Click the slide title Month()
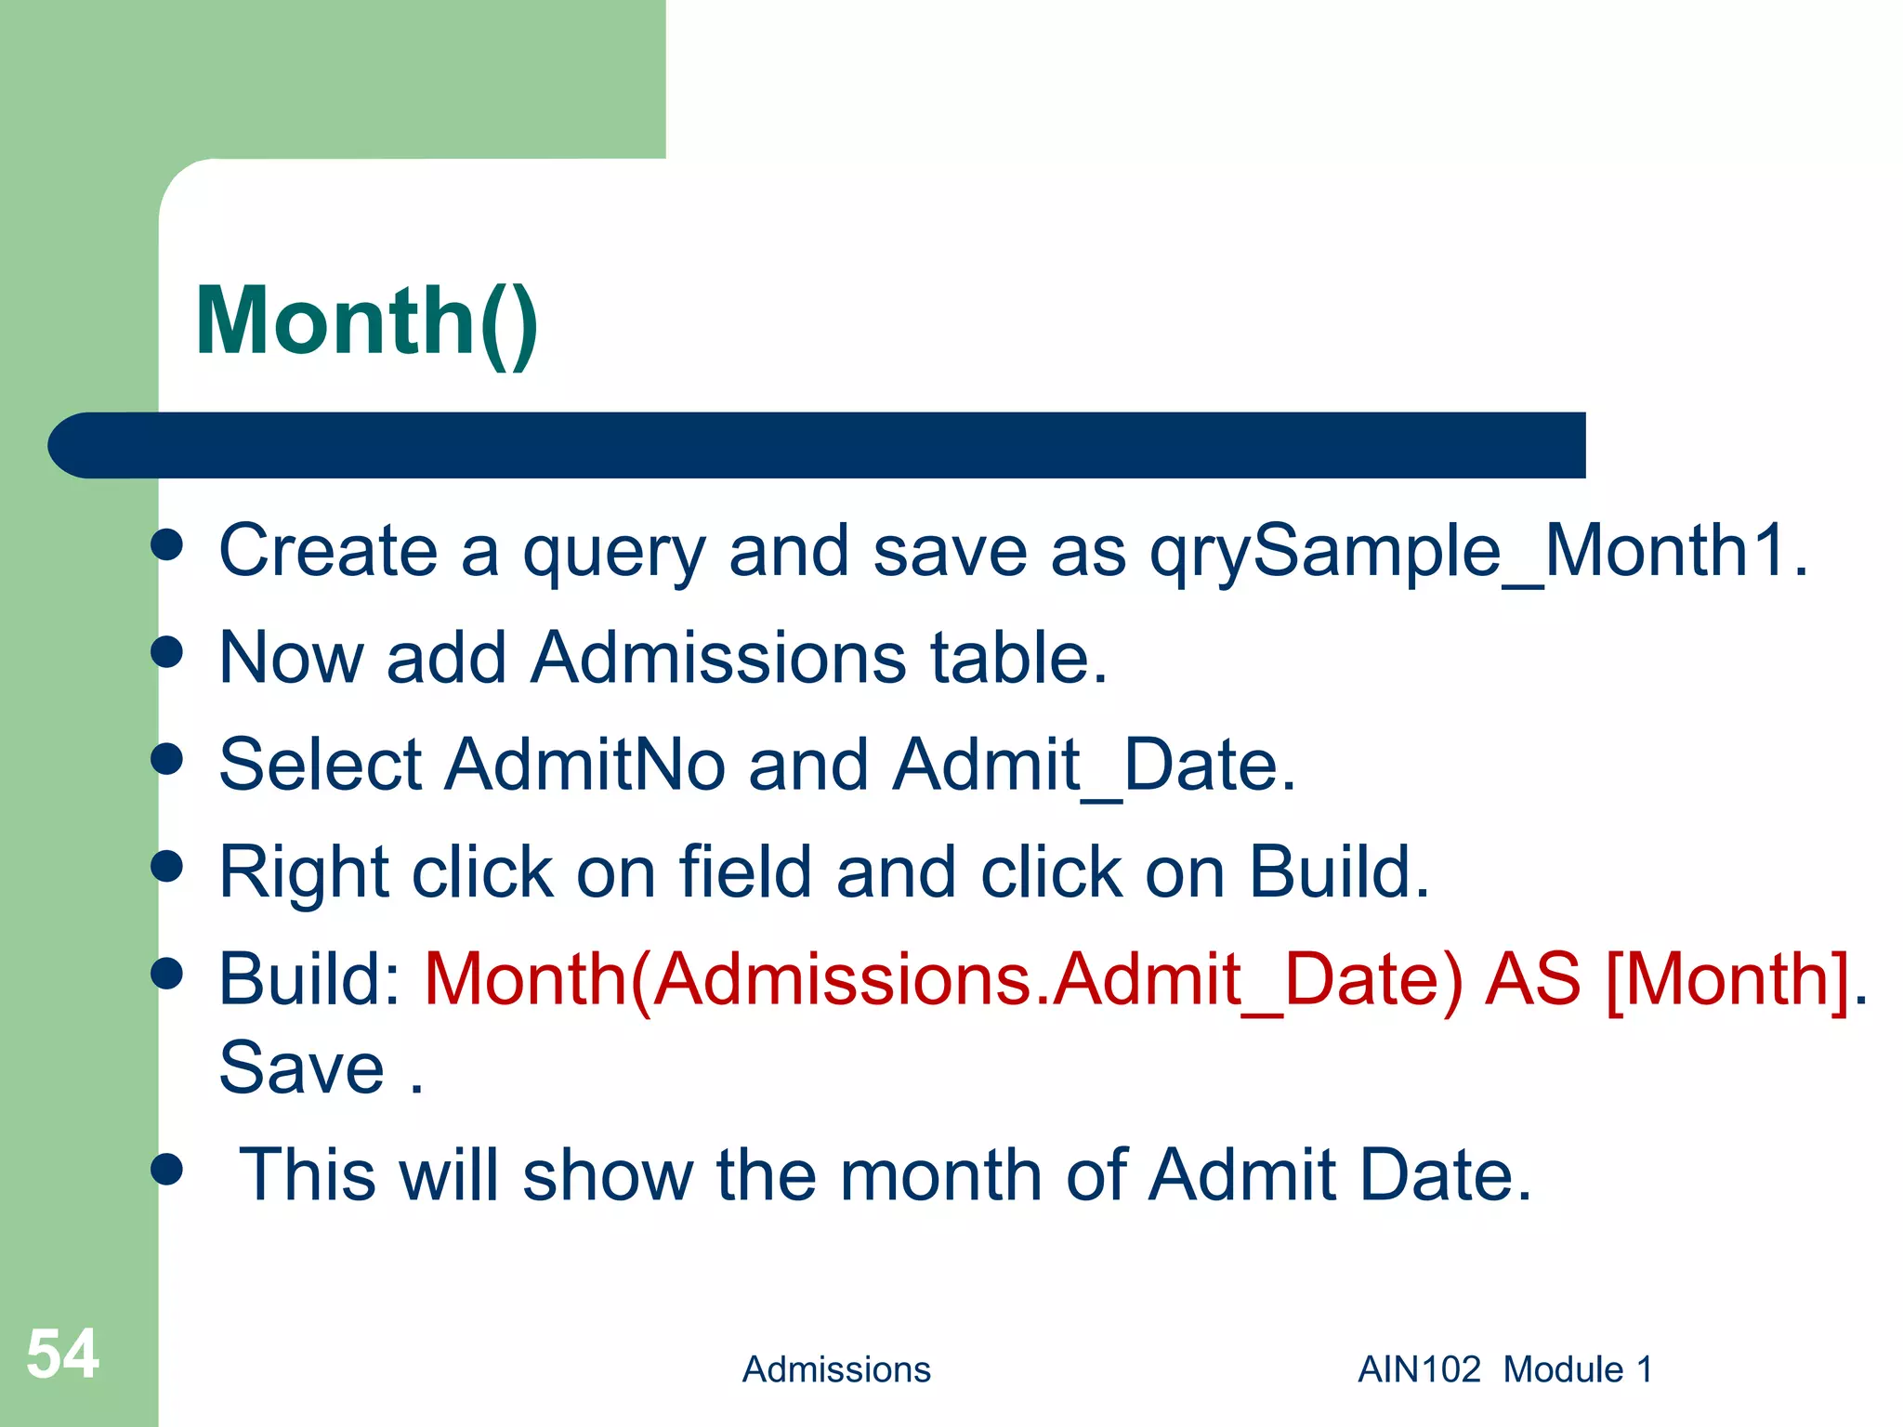366,321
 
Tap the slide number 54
62,1355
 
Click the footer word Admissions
835,1369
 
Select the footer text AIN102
1418,1369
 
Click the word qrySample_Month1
1477,552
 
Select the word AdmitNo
584,765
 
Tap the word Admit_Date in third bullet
1093,765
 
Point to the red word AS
1532,979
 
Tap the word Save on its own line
301,1068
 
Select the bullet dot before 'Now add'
167,652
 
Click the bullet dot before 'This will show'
167,1170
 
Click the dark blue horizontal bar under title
818,445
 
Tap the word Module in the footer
1563,1369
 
